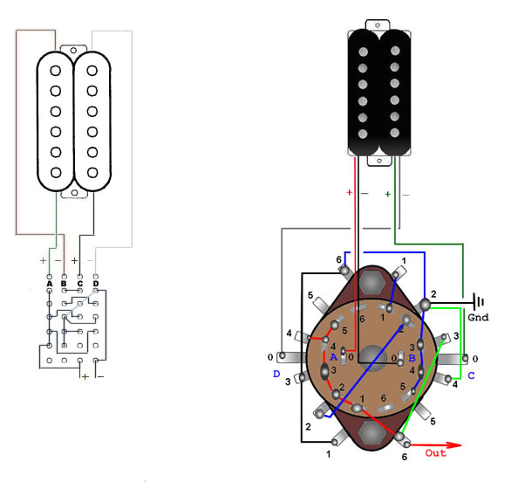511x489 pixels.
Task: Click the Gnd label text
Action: (x=478, y=318)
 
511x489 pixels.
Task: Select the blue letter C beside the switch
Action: (x=470, y=376)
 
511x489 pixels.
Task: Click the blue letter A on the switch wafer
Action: (x=333, y=356)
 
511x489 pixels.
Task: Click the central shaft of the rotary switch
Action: (x=373, y=357)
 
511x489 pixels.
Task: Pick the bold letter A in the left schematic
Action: (x=49, y=283)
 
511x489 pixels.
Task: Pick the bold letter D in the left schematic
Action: (x=96, y=283)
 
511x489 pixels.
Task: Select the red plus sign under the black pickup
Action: (x=350, y=192)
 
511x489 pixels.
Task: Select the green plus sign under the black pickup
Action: (x=388, y=193)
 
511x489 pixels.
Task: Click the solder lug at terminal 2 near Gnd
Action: (x=425, y=303)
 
